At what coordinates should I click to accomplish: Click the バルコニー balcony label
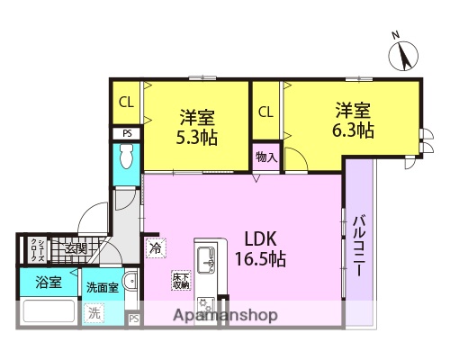pos(358,244)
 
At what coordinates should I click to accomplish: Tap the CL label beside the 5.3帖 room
pos(126,101)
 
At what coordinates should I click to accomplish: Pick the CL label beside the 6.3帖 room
pos(265,112)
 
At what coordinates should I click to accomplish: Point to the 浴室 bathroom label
pos(49,282)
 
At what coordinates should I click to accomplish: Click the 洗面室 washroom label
pos(102,287)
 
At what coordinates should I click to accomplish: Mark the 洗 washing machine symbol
pos(94,313)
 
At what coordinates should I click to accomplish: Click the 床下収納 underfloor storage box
pos(180,281)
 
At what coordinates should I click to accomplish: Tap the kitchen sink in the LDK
pos(206,261)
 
